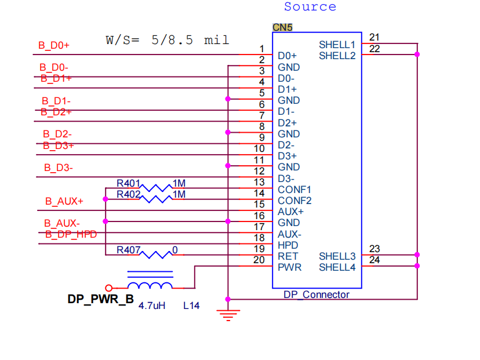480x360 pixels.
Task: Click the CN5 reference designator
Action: coord(282,27)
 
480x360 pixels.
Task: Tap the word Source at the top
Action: coord(310,7)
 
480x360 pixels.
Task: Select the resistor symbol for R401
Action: coord(156,188)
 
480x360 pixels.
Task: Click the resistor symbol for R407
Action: coord(156,254)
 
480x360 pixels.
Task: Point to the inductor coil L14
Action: coord(150,285)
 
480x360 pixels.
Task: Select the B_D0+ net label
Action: coord(54,45)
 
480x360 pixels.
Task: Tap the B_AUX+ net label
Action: coord(64,201)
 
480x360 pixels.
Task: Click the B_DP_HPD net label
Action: coord(71,234)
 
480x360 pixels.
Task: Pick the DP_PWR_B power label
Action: coord(100,299)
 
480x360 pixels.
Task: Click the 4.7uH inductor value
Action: coord(152,306)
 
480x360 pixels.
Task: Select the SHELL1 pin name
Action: coord(337,45)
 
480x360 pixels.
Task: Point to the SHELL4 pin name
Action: coord(337,267)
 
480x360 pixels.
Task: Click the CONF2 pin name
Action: coord(294,201)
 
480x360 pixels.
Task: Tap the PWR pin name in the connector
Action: coord(290,267)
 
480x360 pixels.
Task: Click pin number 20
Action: coord(259,260)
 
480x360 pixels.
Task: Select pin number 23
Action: coord(374,249)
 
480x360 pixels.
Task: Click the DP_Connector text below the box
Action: coord(317,294)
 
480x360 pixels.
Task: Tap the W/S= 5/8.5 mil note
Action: coord(168,40)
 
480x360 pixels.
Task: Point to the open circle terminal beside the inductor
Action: coord(108,288)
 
